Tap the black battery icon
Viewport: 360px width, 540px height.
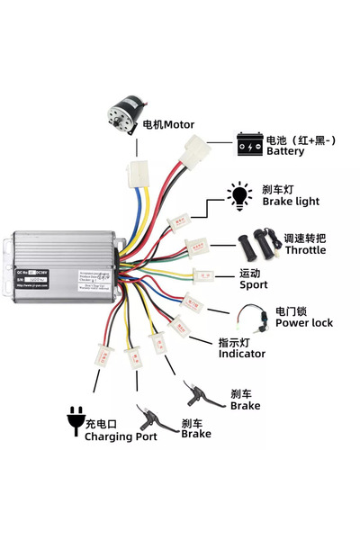[249, 142]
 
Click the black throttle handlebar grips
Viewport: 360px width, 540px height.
[258, 242]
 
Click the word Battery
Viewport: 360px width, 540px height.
[285, 152]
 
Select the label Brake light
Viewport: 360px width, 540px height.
[291, 202]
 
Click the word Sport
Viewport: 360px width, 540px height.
[254, 284]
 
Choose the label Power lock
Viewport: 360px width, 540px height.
[303, 322]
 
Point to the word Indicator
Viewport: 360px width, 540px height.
[242, 354]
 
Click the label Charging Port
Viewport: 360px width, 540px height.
[121, 436]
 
